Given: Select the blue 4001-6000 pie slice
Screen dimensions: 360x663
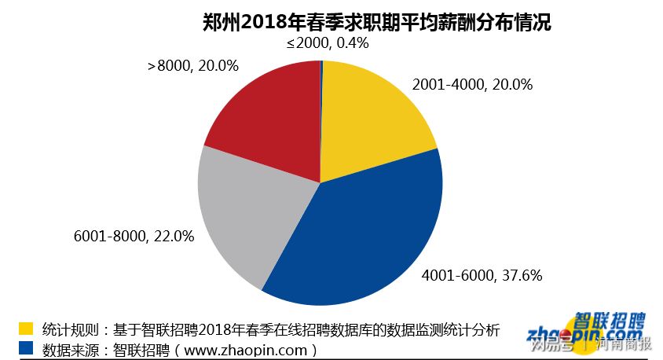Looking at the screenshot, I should [x=369, y=236].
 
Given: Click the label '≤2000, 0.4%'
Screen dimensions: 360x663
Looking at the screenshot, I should [x=328, y=43].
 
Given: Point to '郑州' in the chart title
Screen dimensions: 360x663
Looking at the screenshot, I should [x=213, y=22].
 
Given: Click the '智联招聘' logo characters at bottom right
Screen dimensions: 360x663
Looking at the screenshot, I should [x=609, y=321].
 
